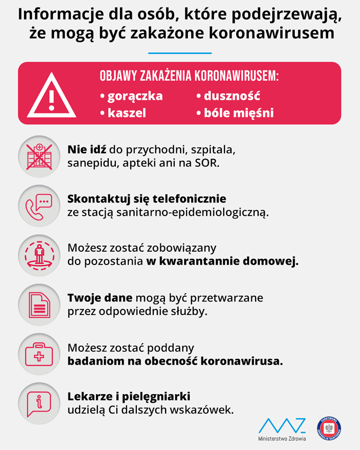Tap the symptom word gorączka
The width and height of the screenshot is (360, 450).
135,96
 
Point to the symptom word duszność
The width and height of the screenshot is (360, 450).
232,96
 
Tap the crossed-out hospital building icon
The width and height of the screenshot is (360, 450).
39,157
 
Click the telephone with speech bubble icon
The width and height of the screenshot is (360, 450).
39,206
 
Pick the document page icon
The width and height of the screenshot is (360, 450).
39,304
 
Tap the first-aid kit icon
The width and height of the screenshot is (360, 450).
39,353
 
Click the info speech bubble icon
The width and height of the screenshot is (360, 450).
39,404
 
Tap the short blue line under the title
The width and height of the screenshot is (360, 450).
180,53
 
